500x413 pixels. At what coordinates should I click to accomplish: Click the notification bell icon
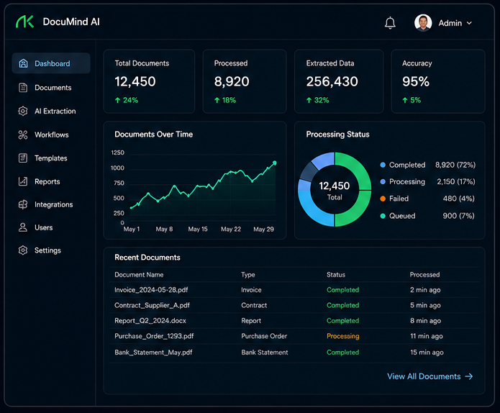pos(390,23)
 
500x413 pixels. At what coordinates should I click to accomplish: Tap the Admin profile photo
pos(423,23)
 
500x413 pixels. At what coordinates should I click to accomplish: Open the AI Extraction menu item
pos(55,111)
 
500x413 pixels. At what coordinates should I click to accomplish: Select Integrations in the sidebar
pos(53,204)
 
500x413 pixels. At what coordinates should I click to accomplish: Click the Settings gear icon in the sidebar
pos(23,250)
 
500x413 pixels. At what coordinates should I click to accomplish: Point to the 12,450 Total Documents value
pos(135,81)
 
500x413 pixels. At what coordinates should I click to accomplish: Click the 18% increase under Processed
pos(225,100)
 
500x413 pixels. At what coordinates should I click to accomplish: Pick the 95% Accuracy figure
pos(416,81)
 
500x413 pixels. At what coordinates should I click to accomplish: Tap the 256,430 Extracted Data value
pos(332,81)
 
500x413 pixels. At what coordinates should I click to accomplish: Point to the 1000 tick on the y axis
pos(117,168)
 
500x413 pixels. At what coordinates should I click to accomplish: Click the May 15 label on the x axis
pos(198,229)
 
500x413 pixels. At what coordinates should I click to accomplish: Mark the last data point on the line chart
pos(275,163)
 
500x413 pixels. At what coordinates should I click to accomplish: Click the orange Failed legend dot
pos(383,199)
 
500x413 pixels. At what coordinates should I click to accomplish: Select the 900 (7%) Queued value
pos(458,216)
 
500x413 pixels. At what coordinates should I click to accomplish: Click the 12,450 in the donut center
pos(335,186)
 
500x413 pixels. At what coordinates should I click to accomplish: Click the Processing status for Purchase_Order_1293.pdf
pos(342,336)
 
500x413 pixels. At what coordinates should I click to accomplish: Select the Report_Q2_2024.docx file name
pos(150,320)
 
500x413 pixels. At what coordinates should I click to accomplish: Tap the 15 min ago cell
pos(427,353)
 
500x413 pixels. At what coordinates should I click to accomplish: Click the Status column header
pos(336,275)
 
